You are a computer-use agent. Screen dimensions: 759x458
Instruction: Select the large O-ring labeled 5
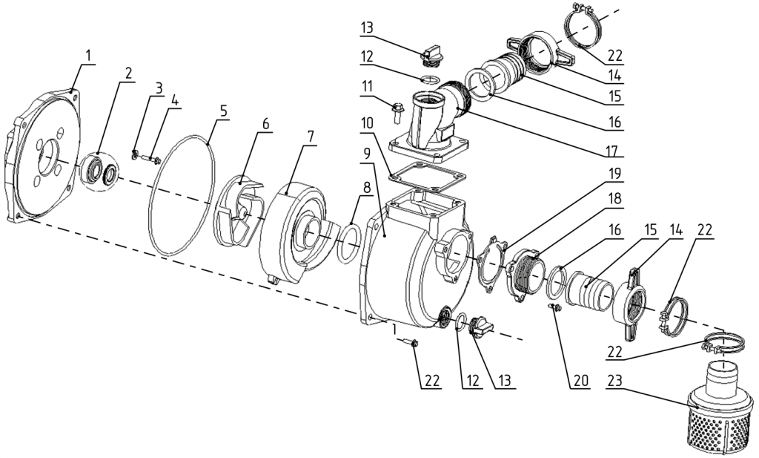tap(181, 194)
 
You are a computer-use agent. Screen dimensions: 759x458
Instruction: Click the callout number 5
tap(223, 111)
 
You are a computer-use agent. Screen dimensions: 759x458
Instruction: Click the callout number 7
tap(311, 137)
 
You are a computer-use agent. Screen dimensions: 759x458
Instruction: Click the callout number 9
tap(368, 154)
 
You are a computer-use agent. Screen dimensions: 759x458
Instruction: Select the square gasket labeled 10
tap(426, 176)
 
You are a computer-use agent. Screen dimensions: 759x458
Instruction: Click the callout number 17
tap(612, 151)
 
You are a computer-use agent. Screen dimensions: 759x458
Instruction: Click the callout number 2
tap(127, 73)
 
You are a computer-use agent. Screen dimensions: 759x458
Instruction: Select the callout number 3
tap(159, 89)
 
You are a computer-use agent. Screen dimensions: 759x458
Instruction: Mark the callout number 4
tap(174, 102)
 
